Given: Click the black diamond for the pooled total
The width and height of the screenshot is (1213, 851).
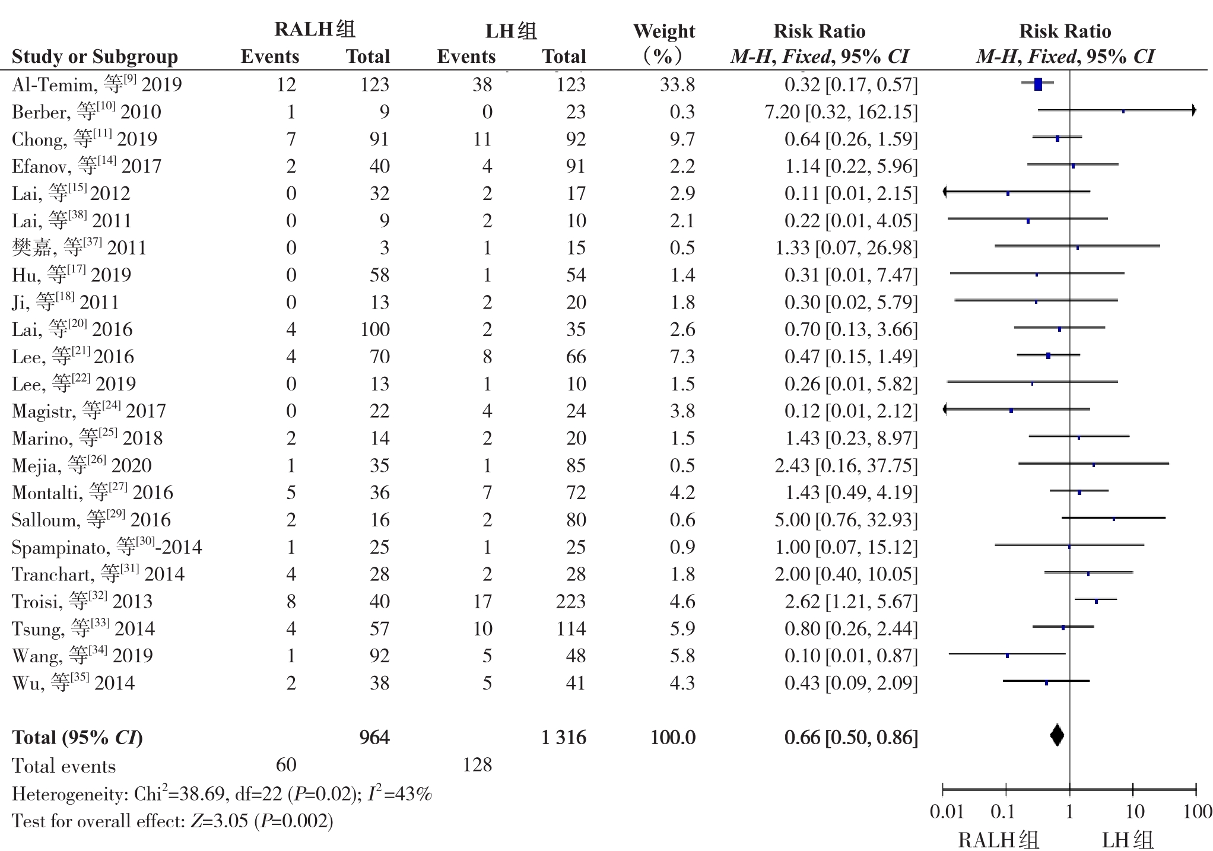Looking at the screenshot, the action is pyautogui.click(x=1056, y=736).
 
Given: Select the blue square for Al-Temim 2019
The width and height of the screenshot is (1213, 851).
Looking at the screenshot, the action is pyautogui.click(x=1038, y=84).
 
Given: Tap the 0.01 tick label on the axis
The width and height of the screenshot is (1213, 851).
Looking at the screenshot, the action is pyautogui.click(x=947, y=811).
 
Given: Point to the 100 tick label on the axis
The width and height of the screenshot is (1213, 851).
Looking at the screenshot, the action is pyautogui.click(x=1196, y=811).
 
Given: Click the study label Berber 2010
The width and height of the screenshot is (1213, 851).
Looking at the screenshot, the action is pyautogui.click(x=87, y=112).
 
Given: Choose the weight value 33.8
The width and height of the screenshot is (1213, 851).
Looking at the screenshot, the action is pyautogui.click(x=677, y=84).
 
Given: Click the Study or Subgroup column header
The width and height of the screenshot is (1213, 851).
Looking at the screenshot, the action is pyautogui.click(x=95, y=56).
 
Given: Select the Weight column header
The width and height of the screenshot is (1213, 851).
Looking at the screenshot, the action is pyautogui.click(x=664, y=43).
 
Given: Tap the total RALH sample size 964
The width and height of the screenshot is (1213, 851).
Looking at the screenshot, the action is pyautogui.click(x=374, y=737).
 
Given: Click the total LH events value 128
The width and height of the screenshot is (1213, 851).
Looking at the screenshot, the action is pyautogui.click(x=477, y=764).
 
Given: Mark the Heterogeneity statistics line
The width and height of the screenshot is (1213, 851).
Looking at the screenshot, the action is pyautogui.click(x=222, y=793).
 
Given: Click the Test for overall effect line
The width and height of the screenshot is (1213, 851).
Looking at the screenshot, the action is pyautogui.click(x=173, y=821).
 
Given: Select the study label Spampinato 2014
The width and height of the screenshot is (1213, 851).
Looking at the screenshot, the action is pyautogui.click(x=107, y=547).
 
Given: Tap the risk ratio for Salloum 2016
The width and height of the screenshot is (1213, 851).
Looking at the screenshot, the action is pyautogui.click(x=846, y=520).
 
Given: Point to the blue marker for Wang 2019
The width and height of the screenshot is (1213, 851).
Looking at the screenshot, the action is pyautogui.click(x=1007, y=656).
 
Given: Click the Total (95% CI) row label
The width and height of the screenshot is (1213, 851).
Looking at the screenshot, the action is pyautogui.click(x=77, y=737).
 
